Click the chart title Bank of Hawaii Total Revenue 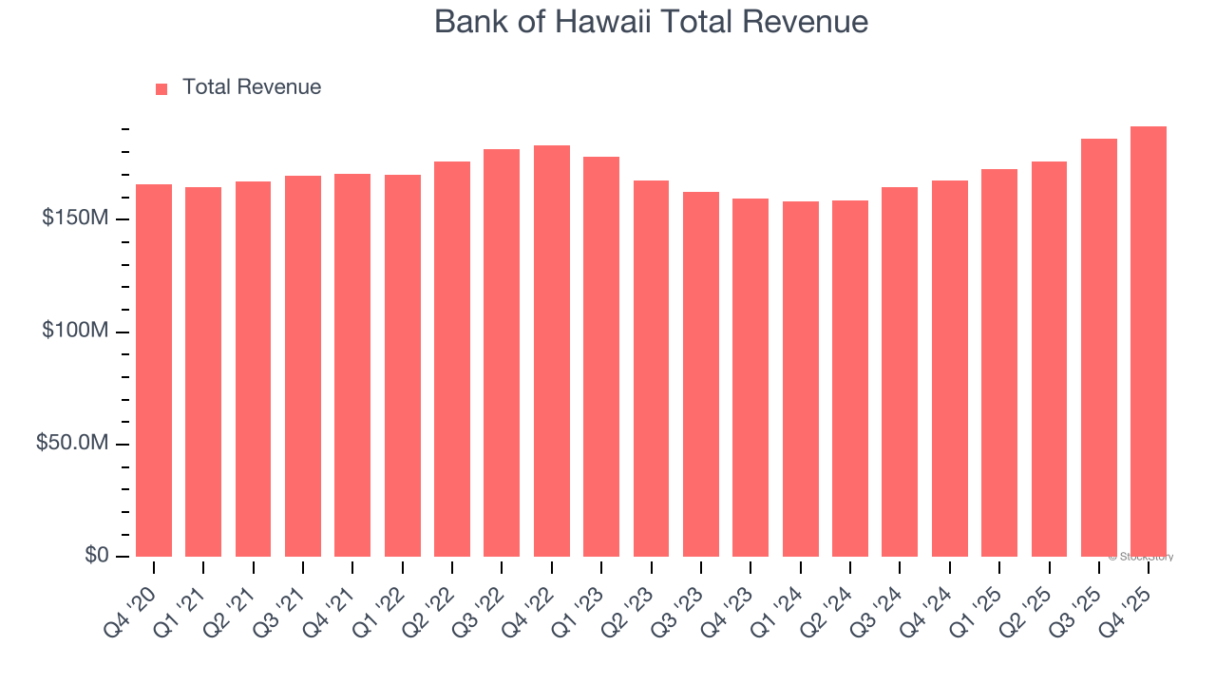tap(651, 22)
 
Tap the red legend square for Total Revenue tap(161, 88)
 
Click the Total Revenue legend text tap(251, 87)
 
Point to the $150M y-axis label tap(74, 219)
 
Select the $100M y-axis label tap(74, 332)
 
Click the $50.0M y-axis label tap(71, 444)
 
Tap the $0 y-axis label tap(95, 556)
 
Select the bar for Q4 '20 tap(154, 370)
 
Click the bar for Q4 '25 tap(1149, 342)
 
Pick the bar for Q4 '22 tap(552, 351)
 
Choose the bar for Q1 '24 tap(801, 379)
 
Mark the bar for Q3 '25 tap(1099, 348)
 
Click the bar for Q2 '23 tap(652, 369)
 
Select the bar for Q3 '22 tap(502, 353)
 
